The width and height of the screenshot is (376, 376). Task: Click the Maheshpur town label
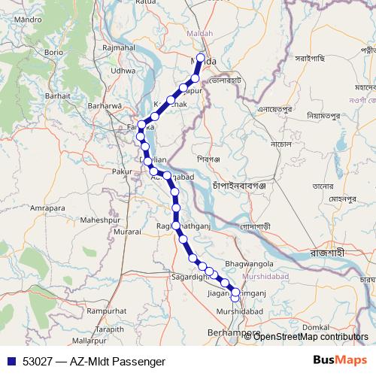pos(100,220)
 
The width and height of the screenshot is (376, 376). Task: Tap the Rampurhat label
pos(106,310)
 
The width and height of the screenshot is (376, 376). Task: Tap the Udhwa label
pos(123,71)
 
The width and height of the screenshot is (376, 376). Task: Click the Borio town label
pos(54,53)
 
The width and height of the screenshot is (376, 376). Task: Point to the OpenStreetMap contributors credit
pos(310,337)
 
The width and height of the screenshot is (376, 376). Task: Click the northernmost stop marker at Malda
pos(201,57)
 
